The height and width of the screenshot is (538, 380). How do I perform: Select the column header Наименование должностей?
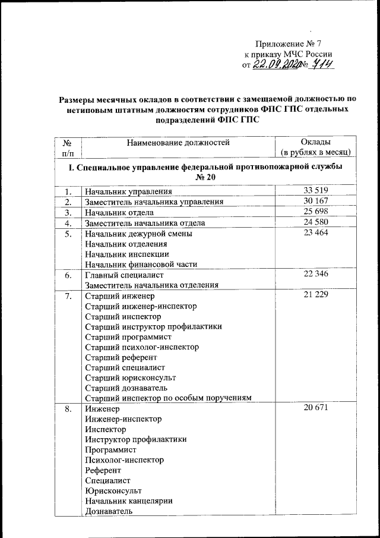pos(178,141)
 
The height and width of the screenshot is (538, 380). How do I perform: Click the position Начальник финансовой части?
pos(141,265)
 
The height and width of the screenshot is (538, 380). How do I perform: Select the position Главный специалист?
pos(123,275)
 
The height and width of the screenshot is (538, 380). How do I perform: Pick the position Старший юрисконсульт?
pos(131,377)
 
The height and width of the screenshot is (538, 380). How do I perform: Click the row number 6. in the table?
pos(69,275)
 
